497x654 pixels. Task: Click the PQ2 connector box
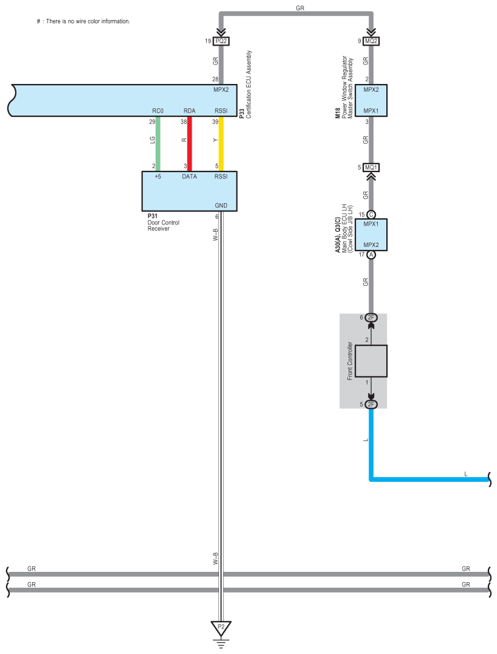(x=221, y=41)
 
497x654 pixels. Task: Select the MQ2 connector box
(x=371, y=41)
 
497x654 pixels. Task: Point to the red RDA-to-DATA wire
(x=189, y=144)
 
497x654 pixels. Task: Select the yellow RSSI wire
(x=221, y=144)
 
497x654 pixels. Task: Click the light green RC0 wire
(x=158, y=144)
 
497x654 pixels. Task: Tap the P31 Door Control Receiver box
(x=189, y=190)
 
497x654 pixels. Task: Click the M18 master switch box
(x=371, y=100)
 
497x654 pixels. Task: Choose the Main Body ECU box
(x=371, y=234)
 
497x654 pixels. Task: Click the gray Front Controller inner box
(x=371, y=361)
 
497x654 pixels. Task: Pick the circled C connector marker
(x=371, y=214)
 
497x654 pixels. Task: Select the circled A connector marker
(x=371, y=255)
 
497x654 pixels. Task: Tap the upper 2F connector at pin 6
(x=371, y=318)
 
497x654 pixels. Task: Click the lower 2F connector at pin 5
(x=371, y=404)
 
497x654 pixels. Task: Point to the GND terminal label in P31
(x=221, y=206)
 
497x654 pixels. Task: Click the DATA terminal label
(x=189, y=176)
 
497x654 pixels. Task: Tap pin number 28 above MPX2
(x=215, y=79)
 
